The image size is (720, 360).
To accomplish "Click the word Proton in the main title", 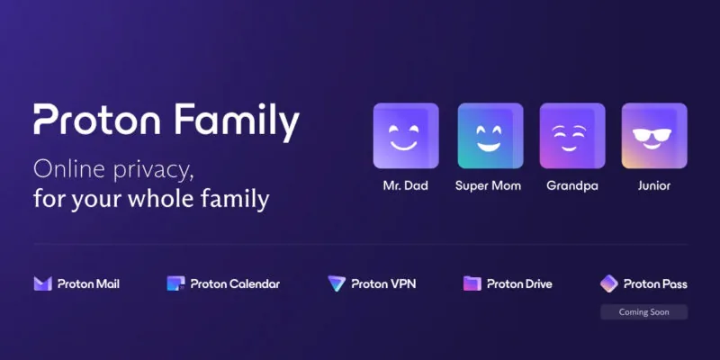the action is tap(97, 120).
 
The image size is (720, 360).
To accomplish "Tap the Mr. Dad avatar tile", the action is tap(406, 136).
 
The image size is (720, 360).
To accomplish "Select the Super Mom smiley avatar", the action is tap(490, 136).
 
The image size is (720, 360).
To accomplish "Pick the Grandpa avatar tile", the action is tap(572, 136).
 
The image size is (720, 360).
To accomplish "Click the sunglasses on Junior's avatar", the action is tap(652, 135).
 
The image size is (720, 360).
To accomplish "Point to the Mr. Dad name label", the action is tap(406, 186).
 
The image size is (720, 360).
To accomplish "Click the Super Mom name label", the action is tap(488, 186).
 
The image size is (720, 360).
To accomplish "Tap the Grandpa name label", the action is tap(572, 186).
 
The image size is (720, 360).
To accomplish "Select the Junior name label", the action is tap(654, 186).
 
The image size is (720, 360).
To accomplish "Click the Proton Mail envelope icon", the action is tap(42, 283).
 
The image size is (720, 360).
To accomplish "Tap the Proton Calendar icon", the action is tap(175, 283).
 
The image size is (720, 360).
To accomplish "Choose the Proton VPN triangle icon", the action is tap(337, 283).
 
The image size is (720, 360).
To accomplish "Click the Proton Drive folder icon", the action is tap(472, 283).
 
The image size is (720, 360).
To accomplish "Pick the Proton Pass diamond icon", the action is tap(609, 283).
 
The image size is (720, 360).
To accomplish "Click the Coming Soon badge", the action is tap(643, 312).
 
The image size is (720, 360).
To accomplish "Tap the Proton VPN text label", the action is tap(383, 283).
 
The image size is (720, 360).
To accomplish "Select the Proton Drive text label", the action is tap(519, 283).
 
